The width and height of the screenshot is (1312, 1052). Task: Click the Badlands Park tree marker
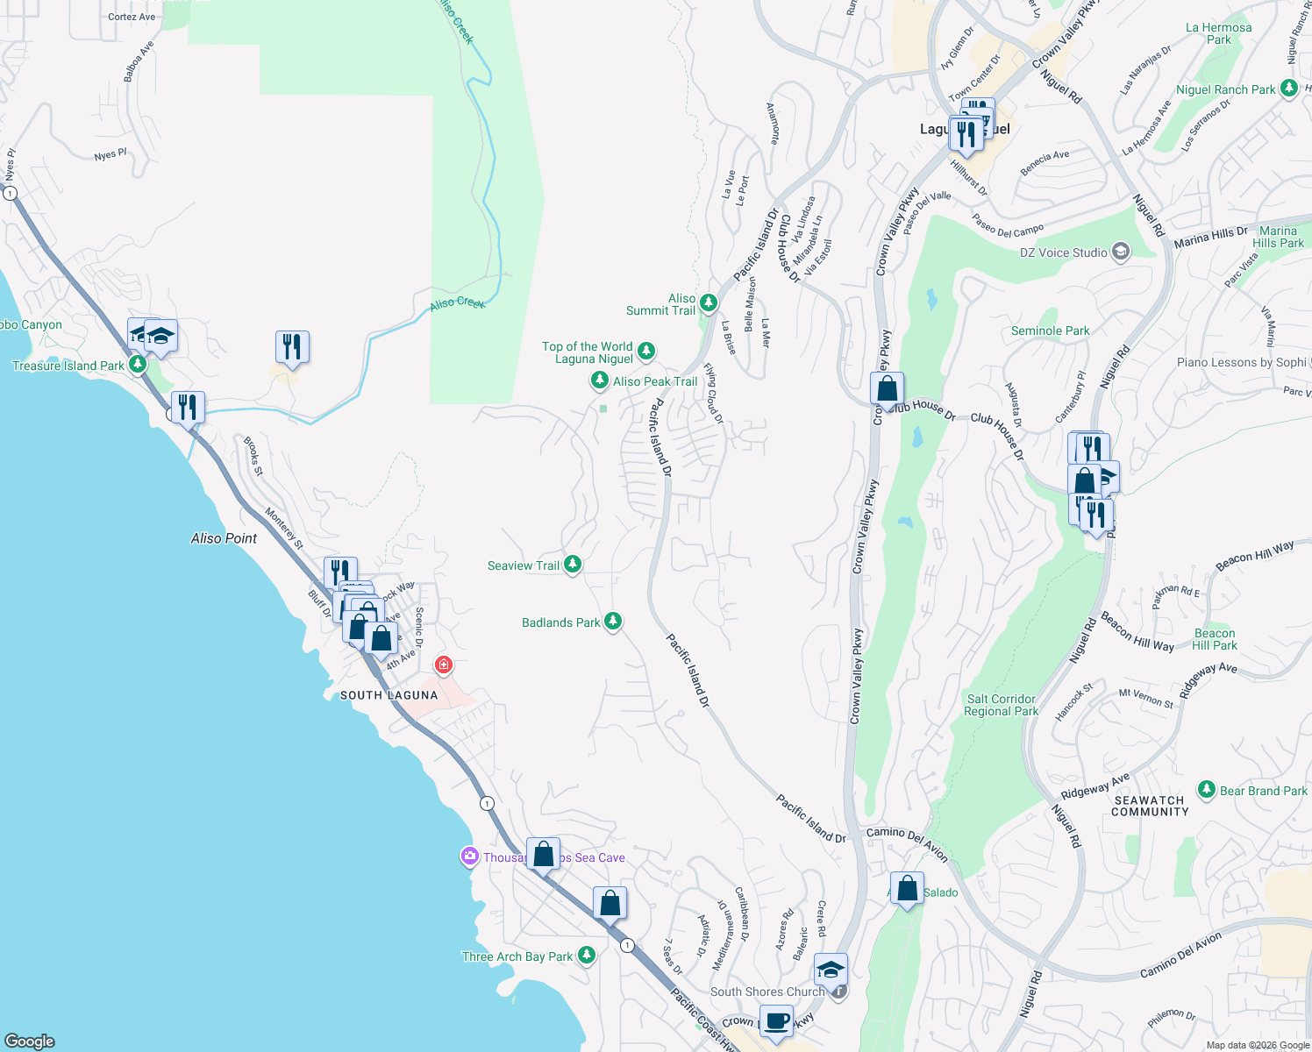tap(613, 622)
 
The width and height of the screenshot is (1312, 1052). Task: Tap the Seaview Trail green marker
tap(573, 565)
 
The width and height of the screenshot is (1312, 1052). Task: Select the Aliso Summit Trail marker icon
tap(709, 303)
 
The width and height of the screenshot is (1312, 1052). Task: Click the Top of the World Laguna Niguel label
tap(587, 352)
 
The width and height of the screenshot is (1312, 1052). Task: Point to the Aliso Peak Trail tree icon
tap(599, 380)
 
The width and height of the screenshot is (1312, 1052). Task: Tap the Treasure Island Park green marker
tap(137, 364)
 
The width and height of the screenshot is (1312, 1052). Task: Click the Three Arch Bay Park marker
tap(587, 956)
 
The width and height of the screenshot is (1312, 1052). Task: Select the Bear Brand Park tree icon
tap(1207, 790)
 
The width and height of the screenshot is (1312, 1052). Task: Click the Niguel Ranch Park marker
tap(1288, 89)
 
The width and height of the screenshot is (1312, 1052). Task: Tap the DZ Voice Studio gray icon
tap(1120, 252)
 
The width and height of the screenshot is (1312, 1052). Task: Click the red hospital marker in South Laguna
tap(444, 665)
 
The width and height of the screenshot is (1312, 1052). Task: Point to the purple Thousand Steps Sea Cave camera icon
tap(470, 857)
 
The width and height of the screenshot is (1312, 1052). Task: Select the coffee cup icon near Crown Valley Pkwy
tap(776, 1021)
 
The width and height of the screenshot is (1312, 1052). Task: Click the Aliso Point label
tap(224, 538)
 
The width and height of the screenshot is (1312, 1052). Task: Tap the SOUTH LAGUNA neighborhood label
tap(389, 695)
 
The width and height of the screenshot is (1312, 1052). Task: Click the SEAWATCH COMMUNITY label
tap(1149, 806)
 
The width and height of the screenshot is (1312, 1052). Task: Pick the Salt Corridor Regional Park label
tap(1001, 705)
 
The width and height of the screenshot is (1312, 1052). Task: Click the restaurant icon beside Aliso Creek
tap(292, 347)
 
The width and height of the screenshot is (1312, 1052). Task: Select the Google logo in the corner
tap(30, 1041)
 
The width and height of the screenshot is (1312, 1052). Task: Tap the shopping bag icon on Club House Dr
tap(887, 389)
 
